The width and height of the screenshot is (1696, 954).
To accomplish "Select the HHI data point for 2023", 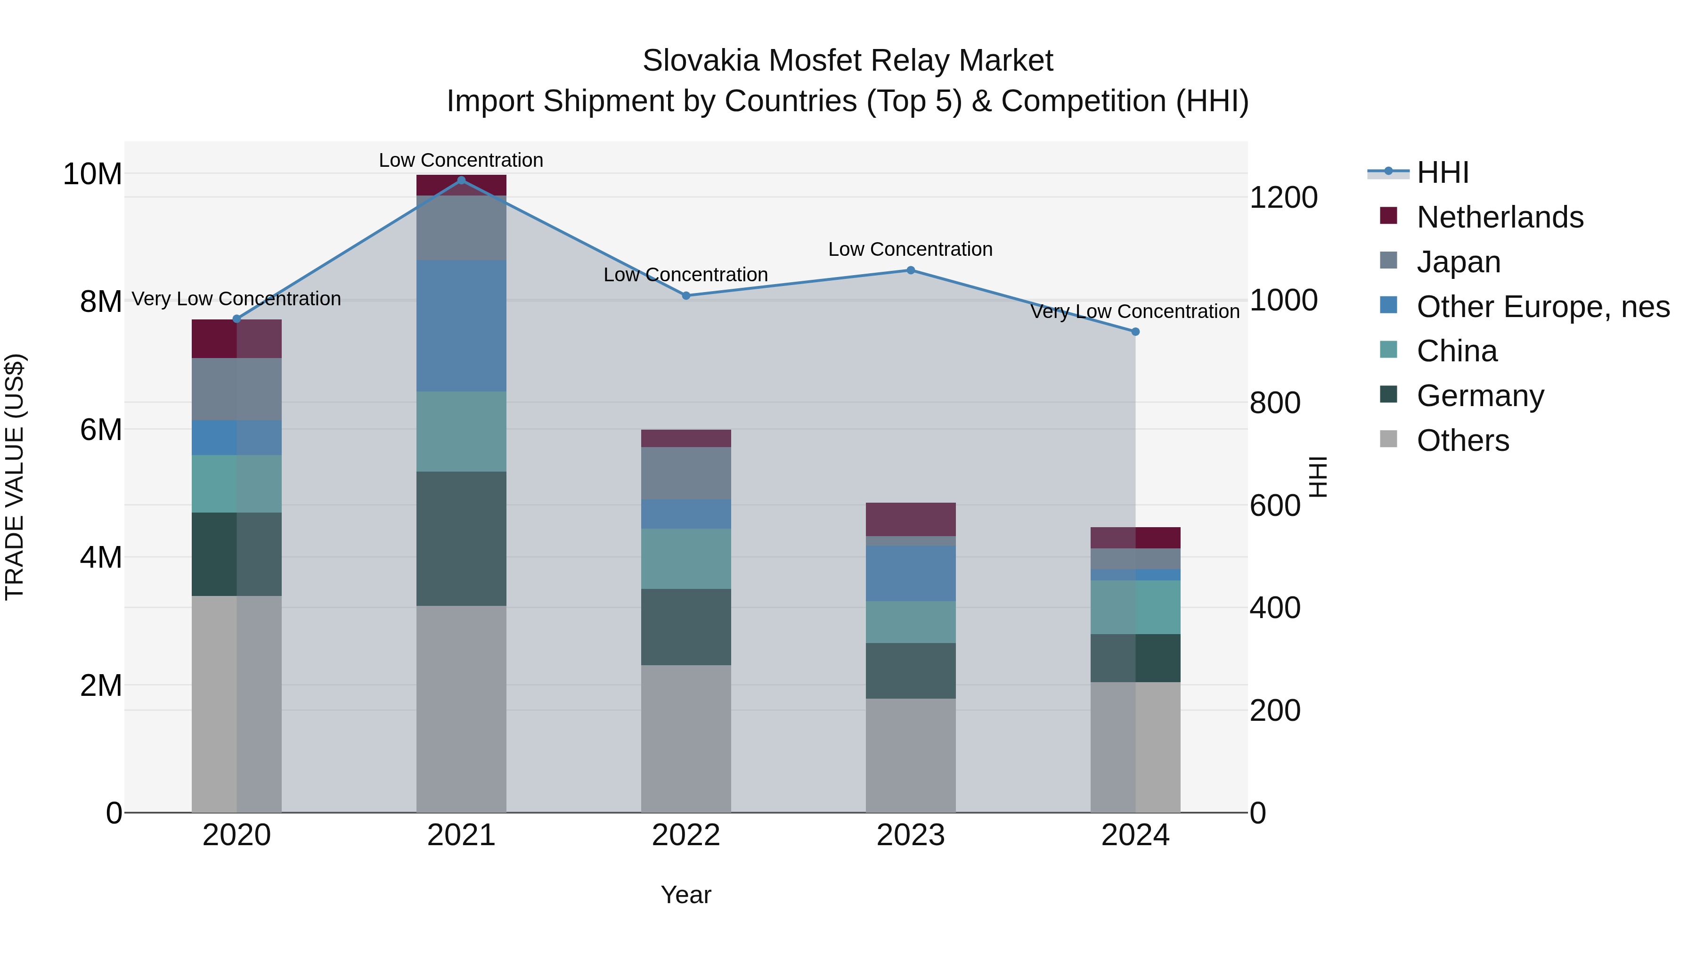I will point(911,270).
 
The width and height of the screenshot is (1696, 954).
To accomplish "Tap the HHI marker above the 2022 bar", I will point(686,295).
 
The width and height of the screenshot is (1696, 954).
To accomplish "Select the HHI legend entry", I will point(1442,172).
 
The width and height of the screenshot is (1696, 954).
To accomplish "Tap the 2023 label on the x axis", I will point(911,835).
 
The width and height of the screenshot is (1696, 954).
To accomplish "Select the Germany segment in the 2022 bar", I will point(686,627).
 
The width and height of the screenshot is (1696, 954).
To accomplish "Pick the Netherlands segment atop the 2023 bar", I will point(911,520).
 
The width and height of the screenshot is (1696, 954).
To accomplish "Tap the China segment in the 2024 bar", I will point(1135,607).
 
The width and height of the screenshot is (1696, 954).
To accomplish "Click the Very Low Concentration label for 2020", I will point(236,299).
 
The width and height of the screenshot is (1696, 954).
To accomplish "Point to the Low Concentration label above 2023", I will point(911,250).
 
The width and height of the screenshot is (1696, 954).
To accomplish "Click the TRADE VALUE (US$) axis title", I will point(15,477).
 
